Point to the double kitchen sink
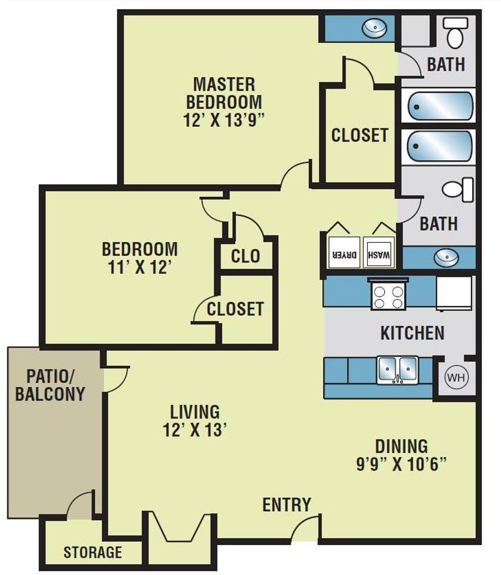click(x=398, y=368)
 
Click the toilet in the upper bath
click(x=456, y=32)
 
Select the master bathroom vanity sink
click(x=374, y=29)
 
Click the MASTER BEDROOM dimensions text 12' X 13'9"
click(x=224, y=118)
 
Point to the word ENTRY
click(x=286, y=504)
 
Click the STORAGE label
click(x=93, y=552)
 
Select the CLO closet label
click(x=245, y=257)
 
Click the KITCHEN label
click(x=412, y=333)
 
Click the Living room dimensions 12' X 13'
click(x=195, y=430)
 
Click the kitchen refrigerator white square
click(x=454, y=293)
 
